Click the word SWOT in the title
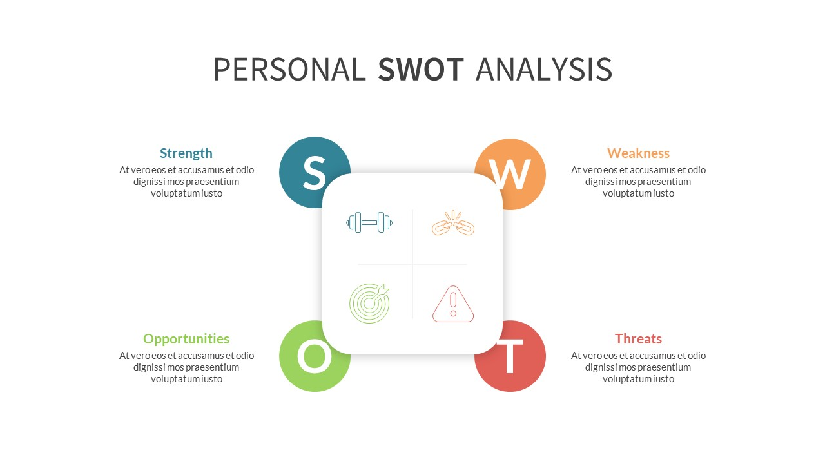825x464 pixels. point(421,70)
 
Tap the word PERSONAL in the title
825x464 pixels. point(289,70)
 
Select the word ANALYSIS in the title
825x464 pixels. point(543,70)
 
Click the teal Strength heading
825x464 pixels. point(186,153)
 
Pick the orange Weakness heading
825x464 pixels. point(638,153)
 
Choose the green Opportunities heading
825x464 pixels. point(186,339)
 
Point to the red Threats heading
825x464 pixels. point(638,339)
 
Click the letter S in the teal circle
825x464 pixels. point(314,173)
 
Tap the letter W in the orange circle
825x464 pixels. point(509,174)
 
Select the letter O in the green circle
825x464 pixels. point(314,356)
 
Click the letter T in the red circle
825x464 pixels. point(510,357)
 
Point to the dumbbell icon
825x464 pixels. point(369,222)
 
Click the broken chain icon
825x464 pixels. point(453,223)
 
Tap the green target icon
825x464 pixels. point(369,303)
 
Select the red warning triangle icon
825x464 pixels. point(453,304)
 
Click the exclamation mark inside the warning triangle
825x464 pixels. point(453,303)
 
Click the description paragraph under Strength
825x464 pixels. point(186,182)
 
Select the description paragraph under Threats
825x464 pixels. point(638,367)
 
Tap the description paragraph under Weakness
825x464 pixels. point(638,182)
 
